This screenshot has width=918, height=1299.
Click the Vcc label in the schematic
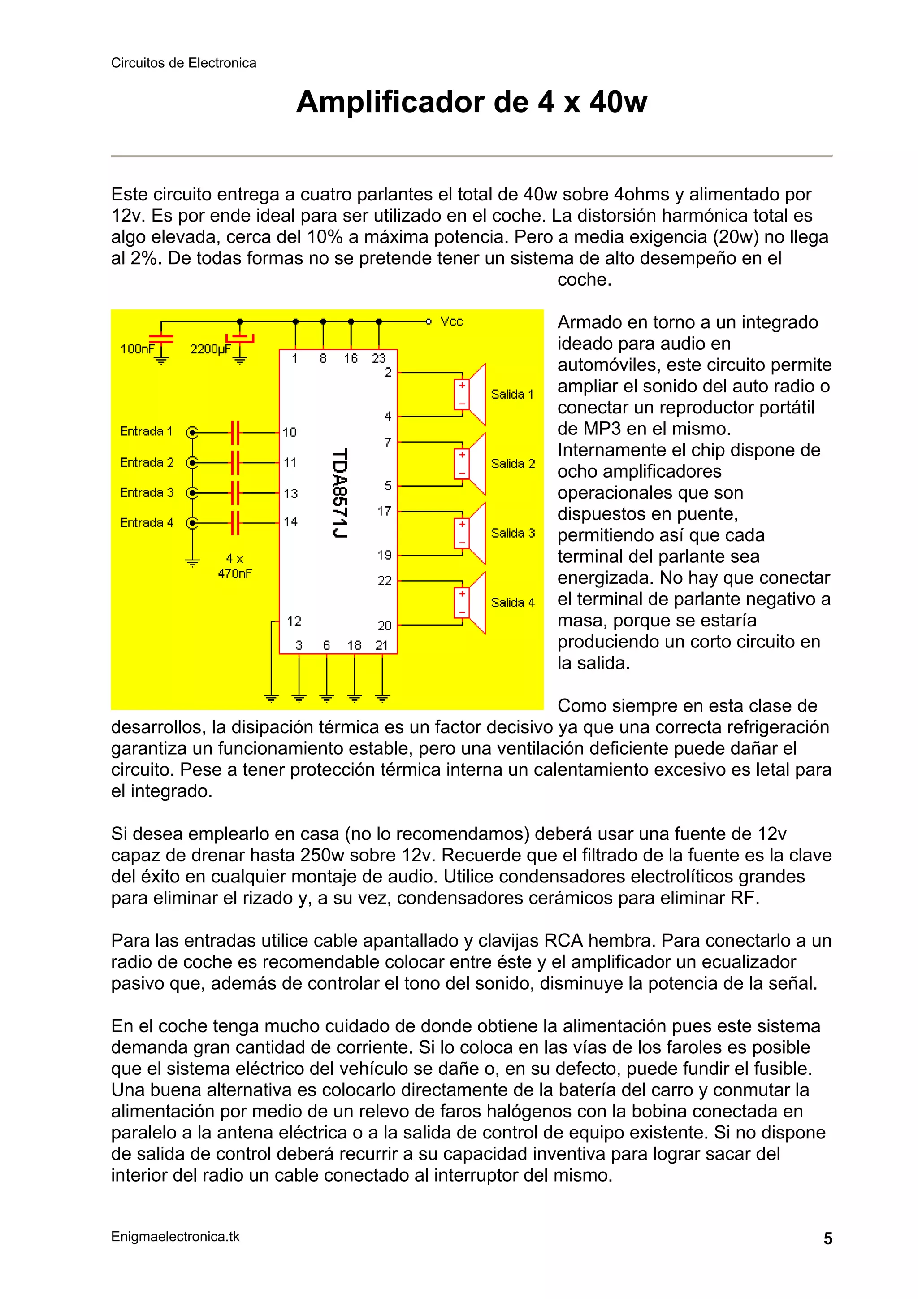click(451, 321)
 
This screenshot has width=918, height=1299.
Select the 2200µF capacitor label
click(210, 349)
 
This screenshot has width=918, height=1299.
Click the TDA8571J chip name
click(339, 493)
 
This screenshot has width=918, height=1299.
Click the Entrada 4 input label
click(147, 523)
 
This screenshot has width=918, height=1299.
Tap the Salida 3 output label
click(512, 533)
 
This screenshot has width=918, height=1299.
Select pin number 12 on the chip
click(294, 621)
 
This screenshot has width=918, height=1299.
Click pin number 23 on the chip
click(378, 358)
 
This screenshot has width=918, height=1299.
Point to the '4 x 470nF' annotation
click(235, 566)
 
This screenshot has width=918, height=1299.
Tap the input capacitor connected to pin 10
click(235, 433)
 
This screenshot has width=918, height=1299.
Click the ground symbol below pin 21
click(382, 698)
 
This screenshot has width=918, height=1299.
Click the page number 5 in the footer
click(827, 1238)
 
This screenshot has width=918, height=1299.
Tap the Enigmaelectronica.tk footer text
click(175, 1236)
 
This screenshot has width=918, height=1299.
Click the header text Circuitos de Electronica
click(183, 63)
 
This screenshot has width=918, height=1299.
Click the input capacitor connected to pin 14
click(235, 523)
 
